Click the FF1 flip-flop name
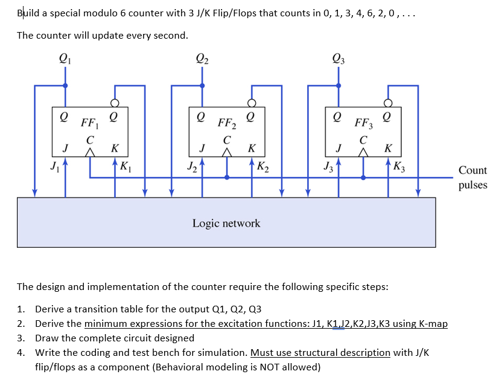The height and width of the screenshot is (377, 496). pyautogui.click(x=89, y=126)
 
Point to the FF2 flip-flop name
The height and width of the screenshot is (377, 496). pyautogui.click(x=226, y=126)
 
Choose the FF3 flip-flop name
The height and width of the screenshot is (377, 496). pyautogui.click(x=363, y=126)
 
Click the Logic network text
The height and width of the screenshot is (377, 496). pyautogui.click(x=226, y=223)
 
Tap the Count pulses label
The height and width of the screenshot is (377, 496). pyautogui.click(x=472, y=178)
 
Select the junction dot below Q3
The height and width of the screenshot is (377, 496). pyautogui.click(x=339, y=85)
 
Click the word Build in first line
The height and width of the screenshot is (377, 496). pyautogui.click(x=30, y=13)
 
